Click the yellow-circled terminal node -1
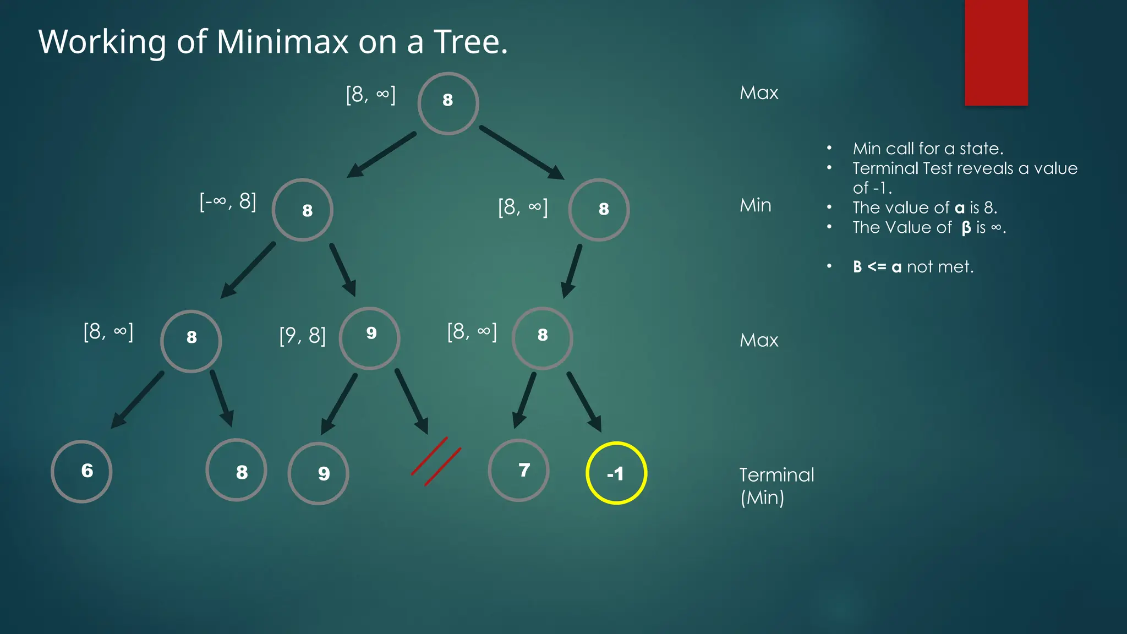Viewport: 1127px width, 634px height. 616,473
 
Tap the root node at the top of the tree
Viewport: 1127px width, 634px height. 448,103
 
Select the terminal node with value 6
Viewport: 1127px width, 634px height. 81,472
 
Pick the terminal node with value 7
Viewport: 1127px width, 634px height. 518,471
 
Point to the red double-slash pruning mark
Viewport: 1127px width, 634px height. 436,461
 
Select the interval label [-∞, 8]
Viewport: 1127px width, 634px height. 228,201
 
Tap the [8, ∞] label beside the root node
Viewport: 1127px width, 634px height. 370,94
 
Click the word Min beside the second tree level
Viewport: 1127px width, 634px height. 755,205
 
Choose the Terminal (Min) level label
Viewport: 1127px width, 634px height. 776,486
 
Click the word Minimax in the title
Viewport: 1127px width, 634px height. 282,42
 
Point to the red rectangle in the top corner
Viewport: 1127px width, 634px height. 996,52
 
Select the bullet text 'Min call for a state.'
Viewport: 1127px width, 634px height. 928,149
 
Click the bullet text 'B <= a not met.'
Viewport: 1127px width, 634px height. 913,267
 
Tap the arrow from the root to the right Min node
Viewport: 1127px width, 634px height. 521,152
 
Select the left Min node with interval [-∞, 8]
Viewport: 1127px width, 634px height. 302,210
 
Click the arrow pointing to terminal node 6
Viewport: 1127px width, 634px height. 138,400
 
